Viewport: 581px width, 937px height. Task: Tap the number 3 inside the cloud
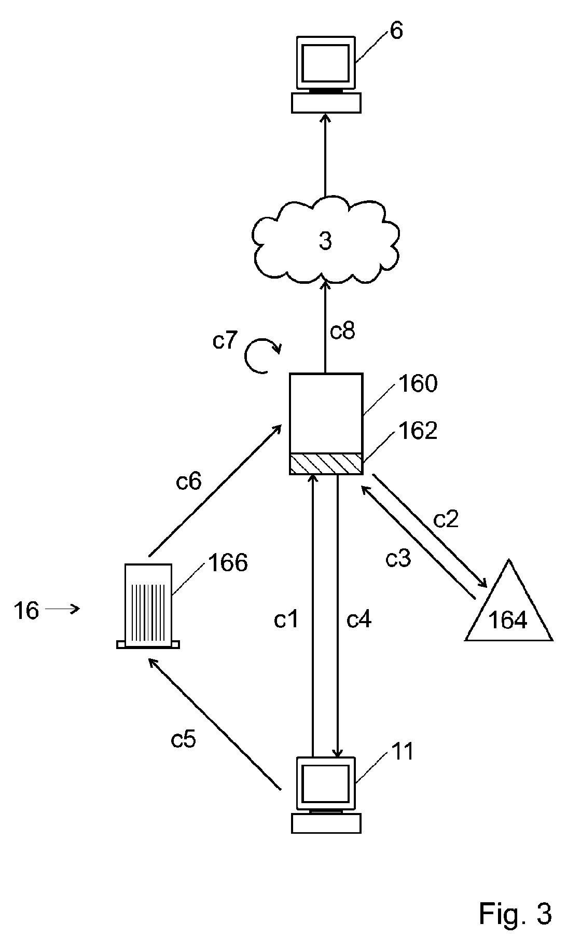click(x=325, y=241)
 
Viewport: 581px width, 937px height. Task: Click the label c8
click(x=342, y=331)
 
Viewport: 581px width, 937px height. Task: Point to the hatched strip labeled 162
click(x=325, y=463)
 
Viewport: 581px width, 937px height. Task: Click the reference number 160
click(x=418, y=384)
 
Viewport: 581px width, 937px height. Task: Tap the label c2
click(x=446, y=519)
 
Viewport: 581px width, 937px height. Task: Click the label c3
click(x=398, y=559)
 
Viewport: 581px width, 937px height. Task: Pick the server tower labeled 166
click(x=148, y=606)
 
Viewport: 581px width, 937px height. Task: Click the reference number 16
click(x=26, y=611)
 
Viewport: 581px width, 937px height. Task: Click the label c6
click(x=188, y=482)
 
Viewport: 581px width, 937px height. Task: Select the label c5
click(x=183, y=739)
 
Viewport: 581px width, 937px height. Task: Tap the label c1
click(x=286, y=619)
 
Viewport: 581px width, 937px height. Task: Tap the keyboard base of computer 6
click(x=325, y=103)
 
